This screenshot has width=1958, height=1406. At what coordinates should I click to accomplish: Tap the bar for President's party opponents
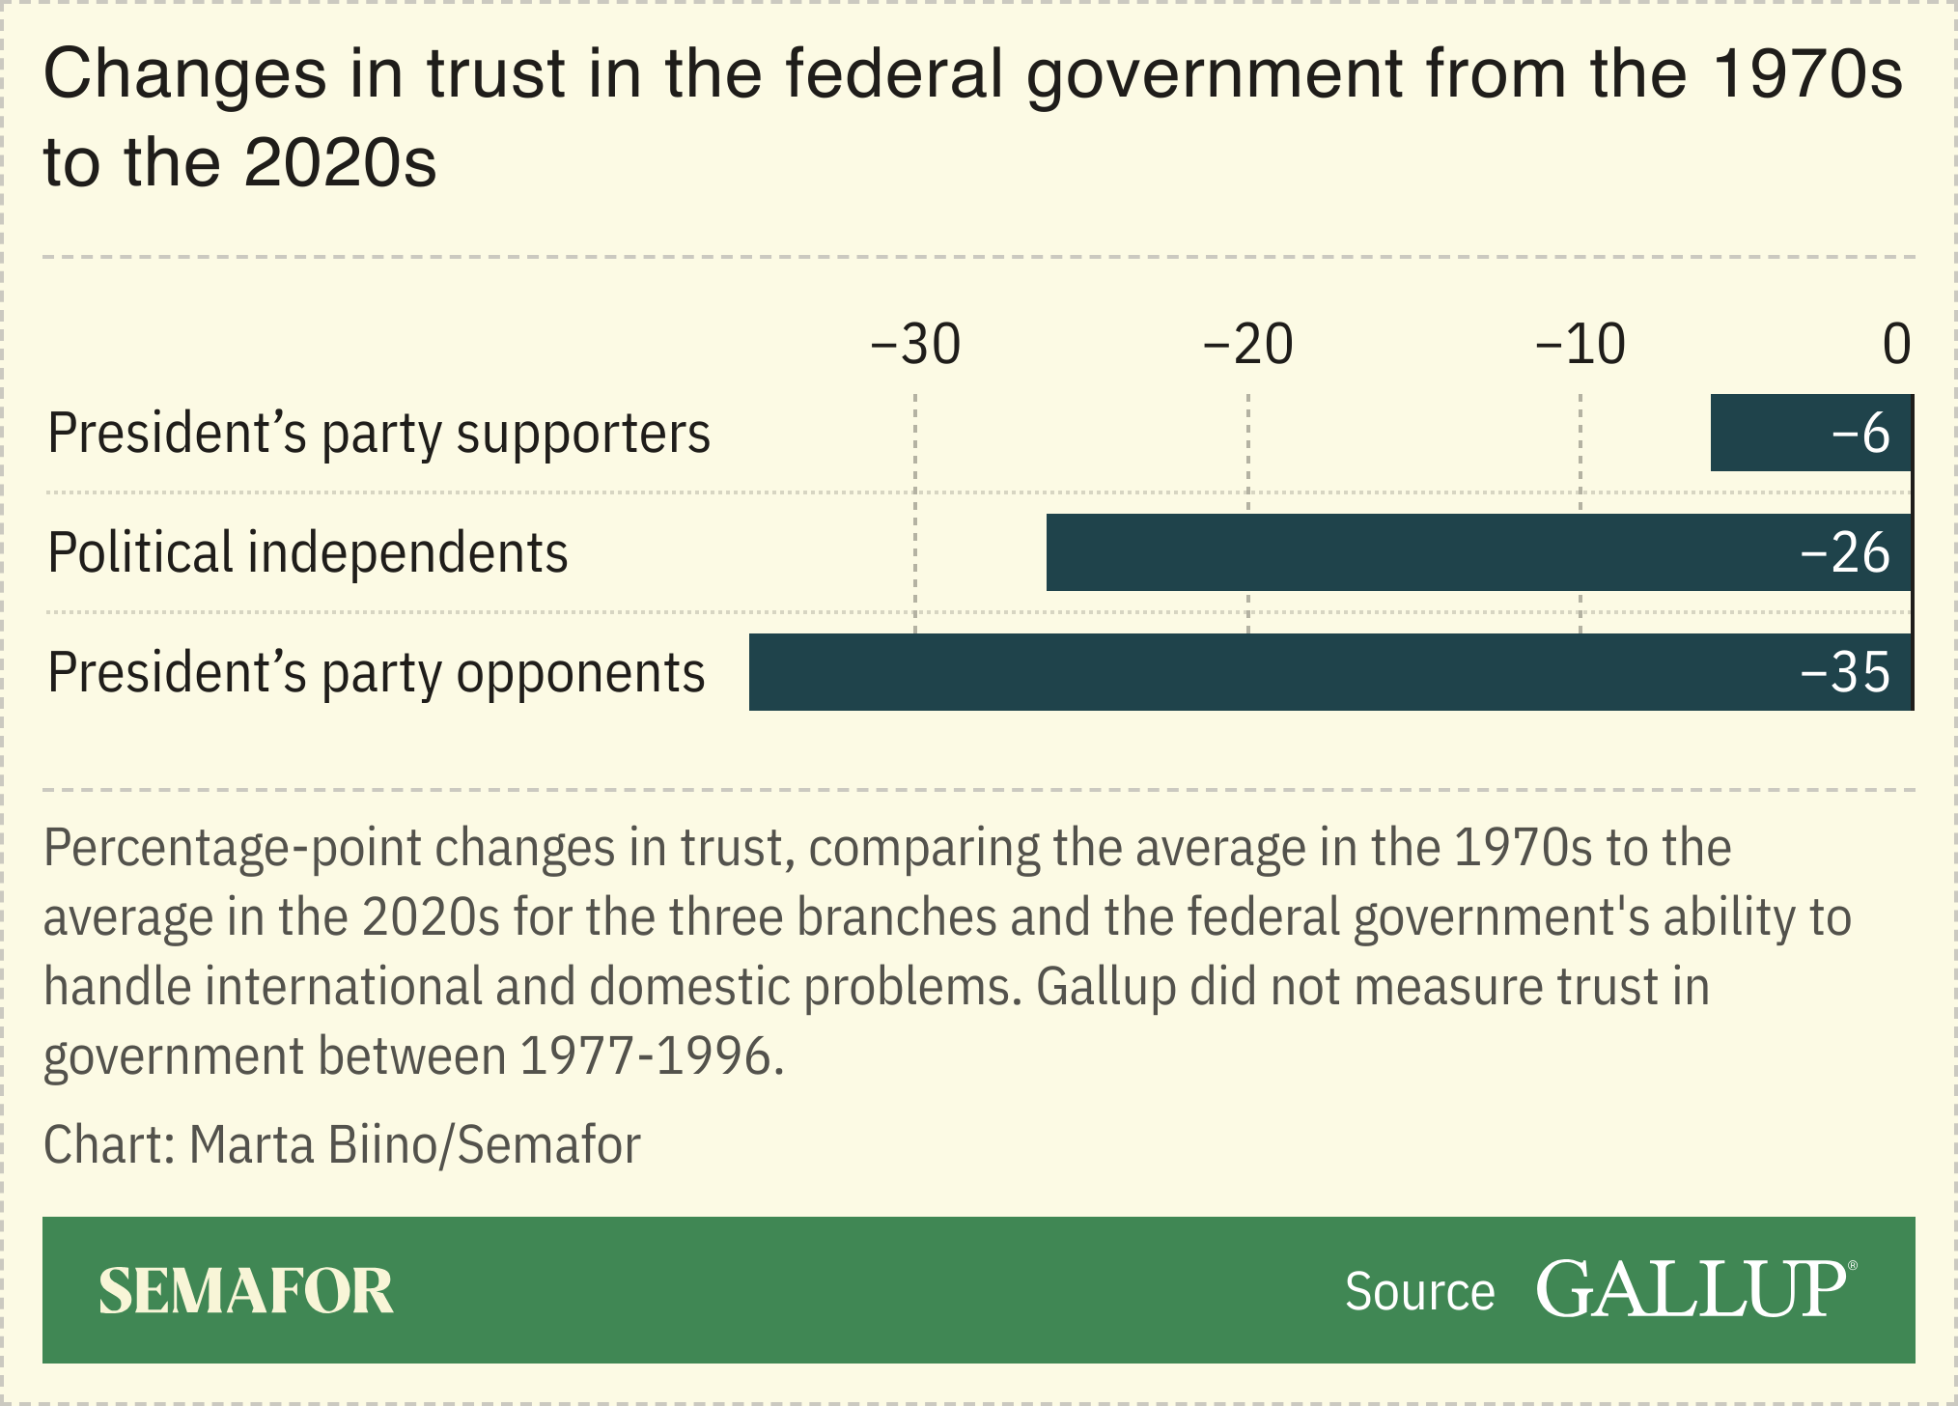tap(1255, 672)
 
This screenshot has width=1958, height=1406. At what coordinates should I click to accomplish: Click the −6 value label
tap(1860, 434)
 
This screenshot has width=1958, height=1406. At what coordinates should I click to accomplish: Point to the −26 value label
tap(1845, 553)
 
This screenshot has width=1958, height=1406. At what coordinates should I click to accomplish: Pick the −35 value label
tap(1845, 673)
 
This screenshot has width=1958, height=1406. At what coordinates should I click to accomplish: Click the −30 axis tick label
tap(915, 345)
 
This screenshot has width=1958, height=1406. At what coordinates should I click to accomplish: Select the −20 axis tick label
tap(1247, 345)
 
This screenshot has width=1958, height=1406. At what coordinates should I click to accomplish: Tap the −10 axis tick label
tap(1580, 345)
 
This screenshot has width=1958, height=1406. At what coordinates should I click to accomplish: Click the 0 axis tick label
tap(1896, 345)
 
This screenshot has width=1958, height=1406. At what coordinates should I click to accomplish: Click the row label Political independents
tap(308, 553)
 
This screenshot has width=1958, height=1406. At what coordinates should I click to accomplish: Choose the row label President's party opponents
tap(377, 673)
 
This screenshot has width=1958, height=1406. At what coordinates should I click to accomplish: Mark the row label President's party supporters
tap(378, 434)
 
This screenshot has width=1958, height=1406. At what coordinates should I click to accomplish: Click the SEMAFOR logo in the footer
tap(246, 1291)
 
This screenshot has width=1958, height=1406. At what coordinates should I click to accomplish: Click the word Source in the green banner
tap(1419, 1292)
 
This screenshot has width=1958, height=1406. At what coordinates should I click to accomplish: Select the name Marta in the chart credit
tap(251, 1145)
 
